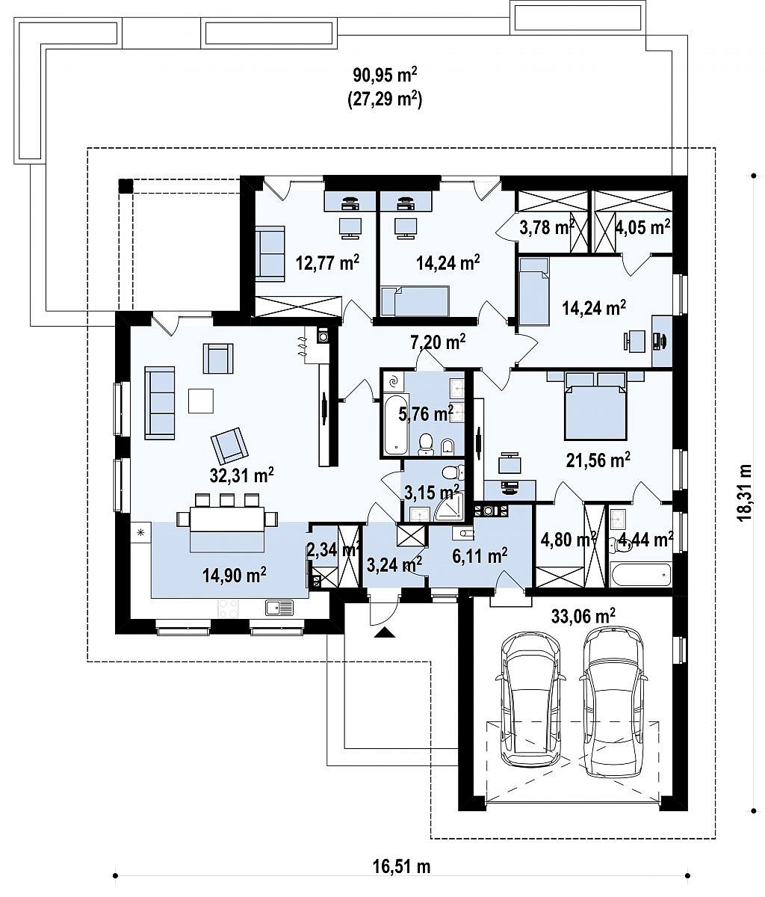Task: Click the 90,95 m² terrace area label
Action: pos(385,75)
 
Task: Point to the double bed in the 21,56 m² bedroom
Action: pos(596,405)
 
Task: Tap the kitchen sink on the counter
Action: pos(279,607)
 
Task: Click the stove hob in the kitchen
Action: pos(229,608)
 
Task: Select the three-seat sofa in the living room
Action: pos(160,403)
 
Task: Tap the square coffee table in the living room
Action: pos(201,401)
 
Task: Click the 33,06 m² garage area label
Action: pos(583,615)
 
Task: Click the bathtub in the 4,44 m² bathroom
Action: pos(640,575)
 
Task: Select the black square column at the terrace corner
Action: pos(126,185)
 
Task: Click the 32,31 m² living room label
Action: pos(241,475)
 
